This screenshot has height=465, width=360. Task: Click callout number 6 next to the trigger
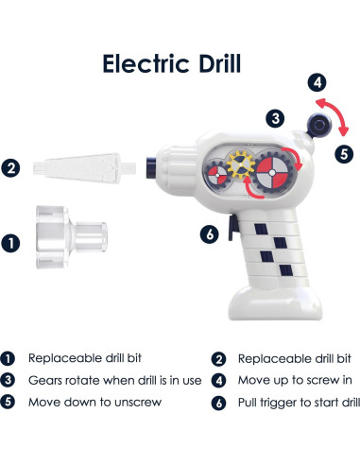tap(210, 234)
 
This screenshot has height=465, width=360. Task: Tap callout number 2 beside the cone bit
tap(11, 169)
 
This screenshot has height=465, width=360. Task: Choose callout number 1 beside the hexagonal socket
tap(11, 243)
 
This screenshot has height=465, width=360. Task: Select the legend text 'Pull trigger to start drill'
tap(299, 402)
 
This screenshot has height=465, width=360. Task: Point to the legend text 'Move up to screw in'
tap(295, 380)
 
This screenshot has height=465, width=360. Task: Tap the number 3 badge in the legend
tap(9, 381)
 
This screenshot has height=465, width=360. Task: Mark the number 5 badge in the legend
tap(9, 402)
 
